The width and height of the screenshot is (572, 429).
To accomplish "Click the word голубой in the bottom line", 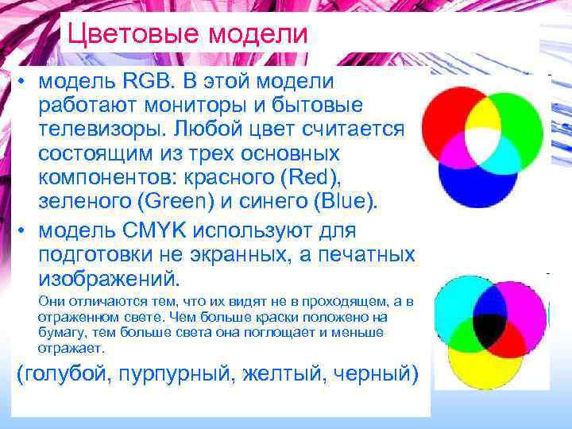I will (x=71, y=373).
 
